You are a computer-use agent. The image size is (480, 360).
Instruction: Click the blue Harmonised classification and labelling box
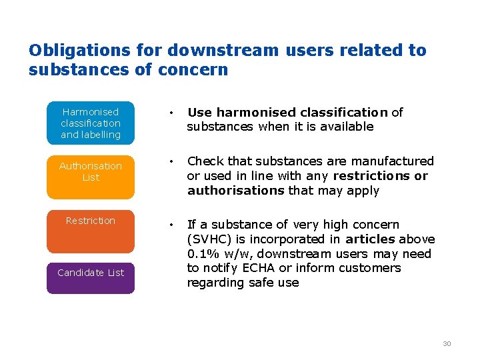click(91, 123)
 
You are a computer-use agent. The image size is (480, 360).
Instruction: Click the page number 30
click(447, 343)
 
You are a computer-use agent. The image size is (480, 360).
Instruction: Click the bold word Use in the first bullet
click(199, 112)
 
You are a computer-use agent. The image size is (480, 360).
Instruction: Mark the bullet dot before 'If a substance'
click(173, 225)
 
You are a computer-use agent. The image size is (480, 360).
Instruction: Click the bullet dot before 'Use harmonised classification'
click(173, 113)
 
